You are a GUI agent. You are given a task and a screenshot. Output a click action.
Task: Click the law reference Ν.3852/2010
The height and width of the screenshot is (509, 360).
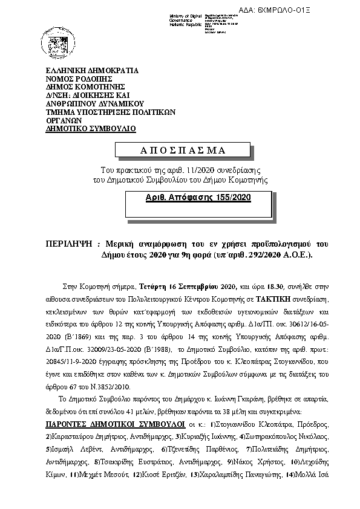pos(111,384)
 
